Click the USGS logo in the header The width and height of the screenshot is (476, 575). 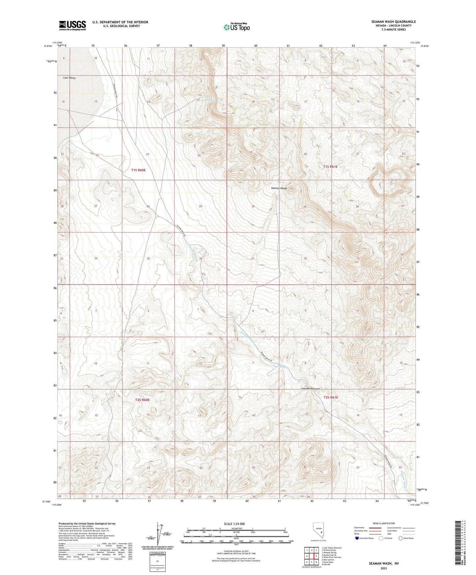pos(72,25)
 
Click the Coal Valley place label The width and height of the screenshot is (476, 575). pos(70,78)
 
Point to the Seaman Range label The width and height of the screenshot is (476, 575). pos(279,188)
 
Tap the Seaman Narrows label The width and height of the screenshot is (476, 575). pos(311,389)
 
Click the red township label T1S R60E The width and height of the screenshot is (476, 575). pos(138,170)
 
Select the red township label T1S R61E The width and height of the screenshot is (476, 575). pos(330,167)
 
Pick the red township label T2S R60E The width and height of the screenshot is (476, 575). pos(142,400)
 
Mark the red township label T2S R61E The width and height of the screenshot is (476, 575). pos(331,397)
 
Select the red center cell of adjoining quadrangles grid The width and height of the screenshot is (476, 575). pos(311,556)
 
